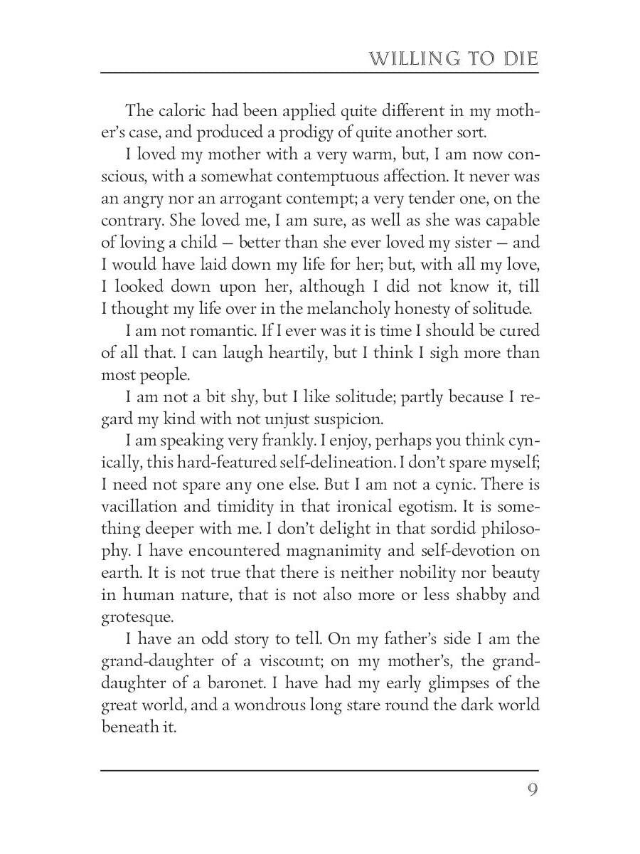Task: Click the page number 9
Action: point(532,791)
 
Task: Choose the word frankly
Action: point(300,441)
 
